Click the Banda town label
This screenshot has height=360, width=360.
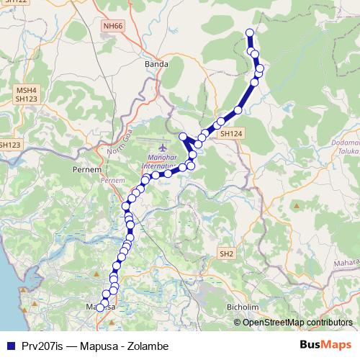coord(156,63)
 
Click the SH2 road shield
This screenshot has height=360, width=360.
coord(227,253)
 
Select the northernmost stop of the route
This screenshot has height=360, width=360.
coord(250,32)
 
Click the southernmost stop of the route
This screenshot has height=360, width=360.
coord(100,308)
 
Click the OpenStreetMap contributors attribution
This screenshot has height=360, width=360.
coord(297,322)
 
